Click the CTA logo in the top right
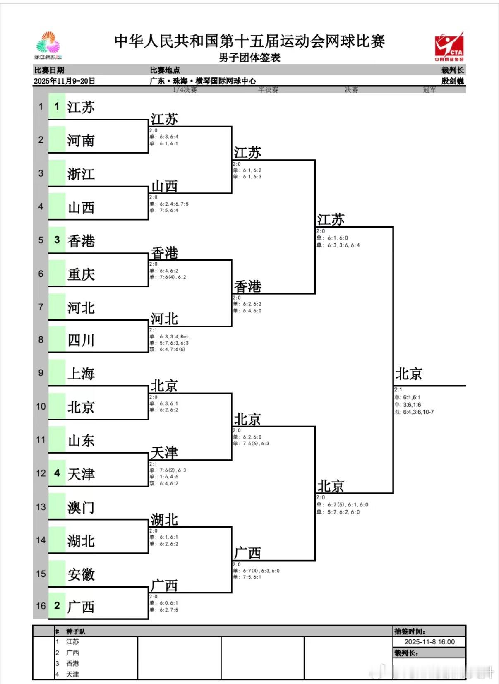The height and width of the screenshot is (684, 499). pyautogui.click(x=449, y=46)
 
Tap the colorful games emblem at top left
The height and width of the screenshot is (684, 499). pyautogui.click(x=48, y=45)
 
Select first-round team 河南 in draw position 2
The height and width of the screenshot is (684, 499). pyautogui.click(x=81, y=141)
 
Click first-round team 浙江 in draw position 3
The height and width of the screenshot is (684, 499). pyautogui.click(x=81, y=174)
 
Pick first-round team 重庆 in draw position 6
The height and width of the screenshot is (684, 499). pyautogui.click(x=81, y=274)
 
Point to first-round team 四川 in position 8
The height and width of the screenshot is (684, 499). pyautogui.click(x=81, y=341)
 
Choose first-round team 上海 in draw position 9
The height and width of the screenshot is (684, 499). pyautogui.click(x=81, y=374)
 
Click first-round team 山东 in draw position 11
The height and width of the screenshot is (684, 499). pyautogui.click(x=81, y=441)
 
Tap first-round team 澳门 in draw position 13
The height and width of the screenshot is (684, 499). pyautogui.click(x=81, y=507)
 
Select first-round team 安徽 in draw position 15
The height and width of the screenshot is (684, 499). pyautogui.click(x=81, y=574)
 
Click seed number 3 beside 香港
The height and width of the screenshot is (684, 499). pyautogui.click(x=57, y=240)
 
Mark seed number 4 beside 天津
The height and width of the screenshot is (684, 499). pyautogui.click(x=57, y=473)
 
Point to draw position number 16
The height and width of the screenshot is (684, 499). pyautogui.click(x=41, y=606)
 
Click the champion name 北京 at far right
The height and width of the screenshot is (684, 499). pyautogui.click(x=409, y=374)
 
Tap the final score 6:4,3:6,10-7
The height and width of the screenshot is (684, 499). pyautogui.click(x=418, y=412)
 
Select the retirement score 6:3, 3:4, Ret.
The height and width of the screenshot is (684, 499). pyautogui.click(x=174, y=337)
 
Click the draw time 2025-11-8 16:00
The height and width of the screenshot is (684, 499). pyautogui.click(x=429, y=642)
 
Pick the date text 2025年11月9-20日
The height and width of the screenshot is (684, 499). pyautogui.click(x=65, y=81)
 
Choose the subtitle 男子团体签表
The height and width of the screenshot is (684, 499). pyautogui.click(x=249, y=58)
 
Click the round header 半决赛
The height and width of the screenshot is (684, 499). pyautogui.click(x=268, y=90)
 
